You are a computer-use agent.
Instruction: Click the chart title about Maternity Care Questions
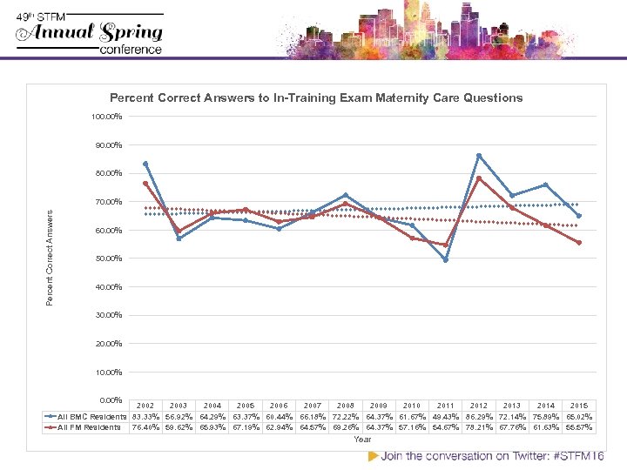[316, 98]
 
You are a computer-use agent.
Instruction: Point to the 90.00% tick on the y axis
[108, 144]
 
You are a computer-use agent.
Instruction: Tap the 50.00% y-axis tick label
[108, 258]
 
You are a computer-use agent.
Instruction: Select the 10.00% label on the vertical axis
[108, 373]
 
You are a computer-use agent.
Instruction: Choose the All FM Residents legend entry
[87, 427]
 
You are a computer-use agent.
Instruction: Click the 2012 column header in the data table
[479, 406]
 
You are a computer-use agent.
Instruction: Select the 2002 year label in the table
[145, 406]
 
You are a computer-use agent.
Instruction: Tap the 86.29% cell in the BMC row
[479, 417]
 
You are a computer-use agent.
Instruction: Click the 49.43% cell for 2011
[445, 417]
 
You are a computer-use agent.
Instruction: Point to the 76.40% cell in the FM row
[145, 427]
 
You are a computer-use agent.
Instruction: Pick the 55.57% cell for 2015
[579, 427]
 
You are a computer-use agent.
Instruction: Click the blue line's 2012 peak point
[479, 155]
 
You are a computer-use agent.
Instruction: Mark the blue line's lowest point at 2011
[445, 260]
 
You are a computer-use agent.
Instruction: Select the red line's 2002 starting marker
[145, 183]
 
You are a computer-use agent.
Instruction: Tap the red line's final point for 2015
[579, 243]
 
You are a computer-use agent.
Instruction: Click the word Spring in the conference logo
[130, 33]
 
